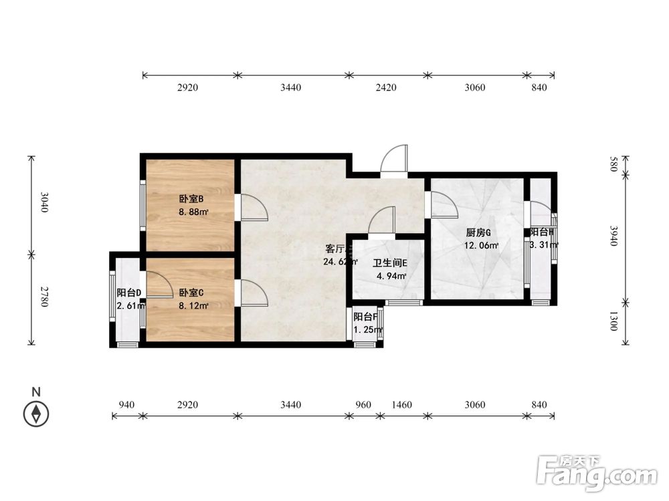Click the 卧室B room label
pos(191,199)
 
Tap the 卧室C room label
pos(191,293)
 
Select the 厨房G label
pos(478,232)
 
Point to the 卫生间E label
pos(390,263)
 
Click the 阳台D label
pos(128,293)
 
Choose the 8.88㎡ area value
pos(193,212)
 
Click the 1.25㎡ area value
pos(367,329)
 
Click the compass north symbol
pos(35,413)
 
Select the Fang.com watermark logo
pos(597,473)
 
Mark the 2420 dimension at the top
pos(386,88)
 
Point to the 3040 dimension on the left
pos(44,202)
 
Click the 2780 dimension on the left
pos(44,297)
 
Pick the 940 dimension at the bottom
pos(126,405)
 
